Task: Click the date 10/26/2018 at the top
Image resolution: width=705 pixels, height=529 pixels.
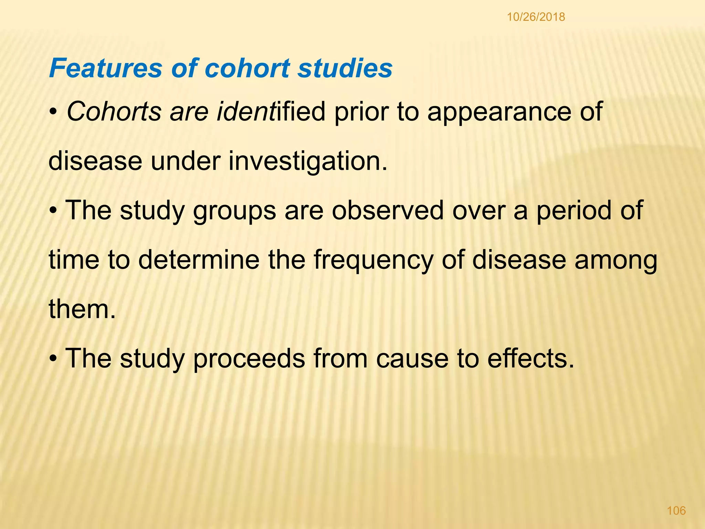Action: click(x=536, y=17)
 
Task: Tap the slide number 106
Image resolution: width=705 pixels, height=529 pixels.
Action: click(x=676, y=510)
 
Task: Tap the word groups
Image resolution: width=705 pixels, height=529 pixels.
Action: click(x=234, y=211)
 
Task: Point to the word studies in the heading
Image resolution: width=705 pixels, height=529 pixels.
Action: click(x=345, y=68)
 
